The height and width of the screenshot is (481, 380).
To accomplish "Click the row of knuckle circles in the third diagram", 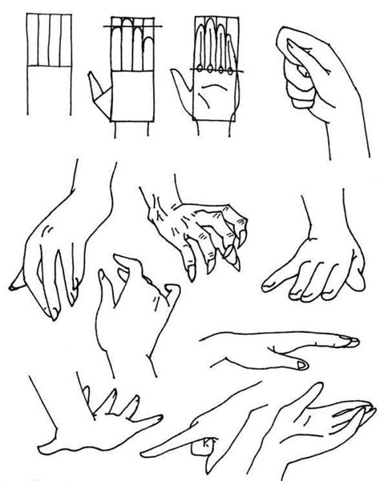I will (215, 72).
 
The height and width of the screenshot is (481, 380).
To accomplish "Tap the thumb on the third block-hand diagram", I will (181, 88).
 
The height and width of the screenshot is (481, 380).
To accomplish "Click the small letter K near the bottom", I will (208, 442).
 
